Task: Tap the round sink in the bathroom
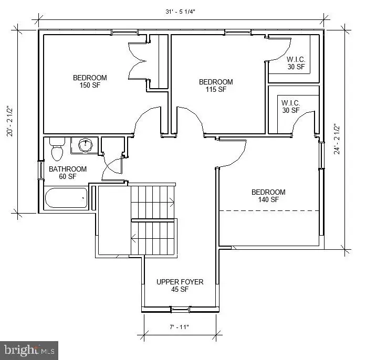85,145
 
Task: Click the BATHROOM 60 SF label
68,173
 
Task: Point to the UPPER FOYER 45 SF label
180,285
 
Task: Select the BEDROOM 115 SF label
215,86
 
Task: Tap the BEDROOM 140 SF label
268,196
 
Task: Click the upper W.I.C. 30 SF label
296,62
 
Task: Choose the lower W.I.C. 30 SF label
290,107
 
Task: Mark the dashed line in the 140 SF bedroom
269,210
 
